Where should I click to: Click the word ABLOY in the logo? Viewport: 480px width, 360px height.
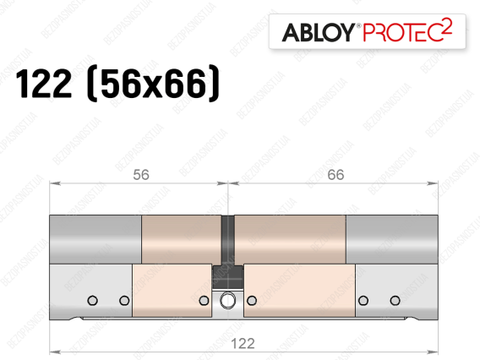point(318,32)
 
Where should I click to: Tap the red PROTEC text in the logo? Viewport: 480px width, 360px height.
point(403,32)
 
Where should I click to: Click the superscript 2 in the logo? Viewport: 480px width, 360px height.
point(448,25)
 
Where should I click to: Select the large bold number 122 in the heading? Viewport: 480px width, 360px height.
point(44,84)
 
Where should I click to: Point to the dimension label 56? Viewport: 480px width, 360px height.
point(141,175)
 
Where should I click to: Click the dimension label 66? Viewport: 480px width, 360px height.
point(335,175)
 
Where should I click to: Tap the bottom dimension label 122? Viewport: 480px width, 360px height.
point(243,343)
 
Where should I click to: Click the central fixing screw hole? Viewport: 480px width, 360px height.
point(228,300)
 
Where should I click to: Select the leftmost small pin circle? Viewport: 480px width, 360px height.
point(92,300)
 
